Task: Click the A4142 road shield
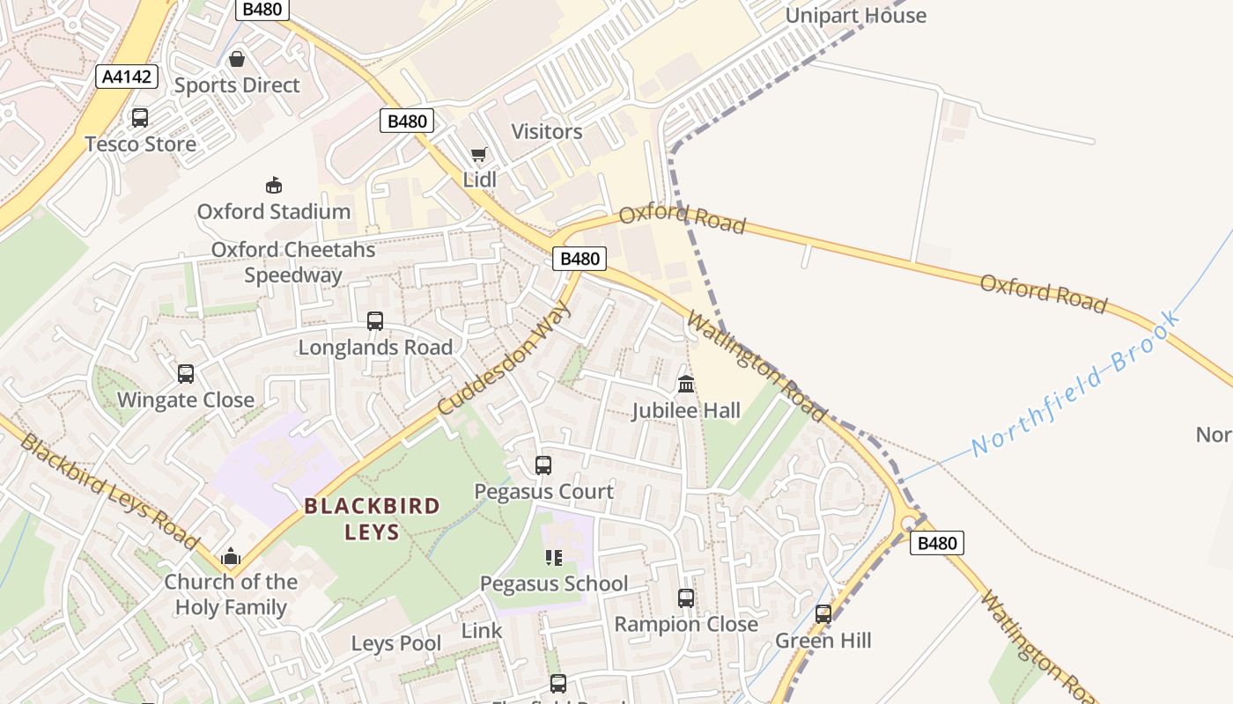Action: point(127,77)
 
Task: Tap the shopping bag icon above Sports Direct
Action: point(236,59)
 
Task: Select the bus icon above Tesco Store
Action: point(139,117)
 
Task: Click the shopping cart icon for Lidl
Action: point(478,155)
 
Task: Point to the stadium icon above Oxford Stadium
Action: point(274,185)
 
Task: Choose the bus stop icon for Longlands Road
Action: point(375,321)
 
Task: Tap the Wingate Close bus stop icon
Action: point(186,374)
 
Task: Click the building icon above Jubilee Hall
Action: point(686,385)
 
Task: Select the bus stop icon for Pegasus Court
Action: point(543,466)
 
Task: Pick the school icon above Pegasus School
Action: point(553,557)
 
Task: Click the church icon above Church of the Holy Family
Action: point(231,555)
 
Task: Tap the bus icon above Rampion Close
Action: point(686,598)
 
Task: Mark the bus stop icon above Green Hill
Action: point(823,614)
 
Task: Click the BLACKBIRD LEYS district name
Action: point(372,518)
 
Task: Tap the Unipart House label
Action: point(855,16)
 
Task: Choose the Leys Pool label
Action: point(396,643)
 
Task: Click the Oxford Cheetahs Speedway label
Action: point(293,262)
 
